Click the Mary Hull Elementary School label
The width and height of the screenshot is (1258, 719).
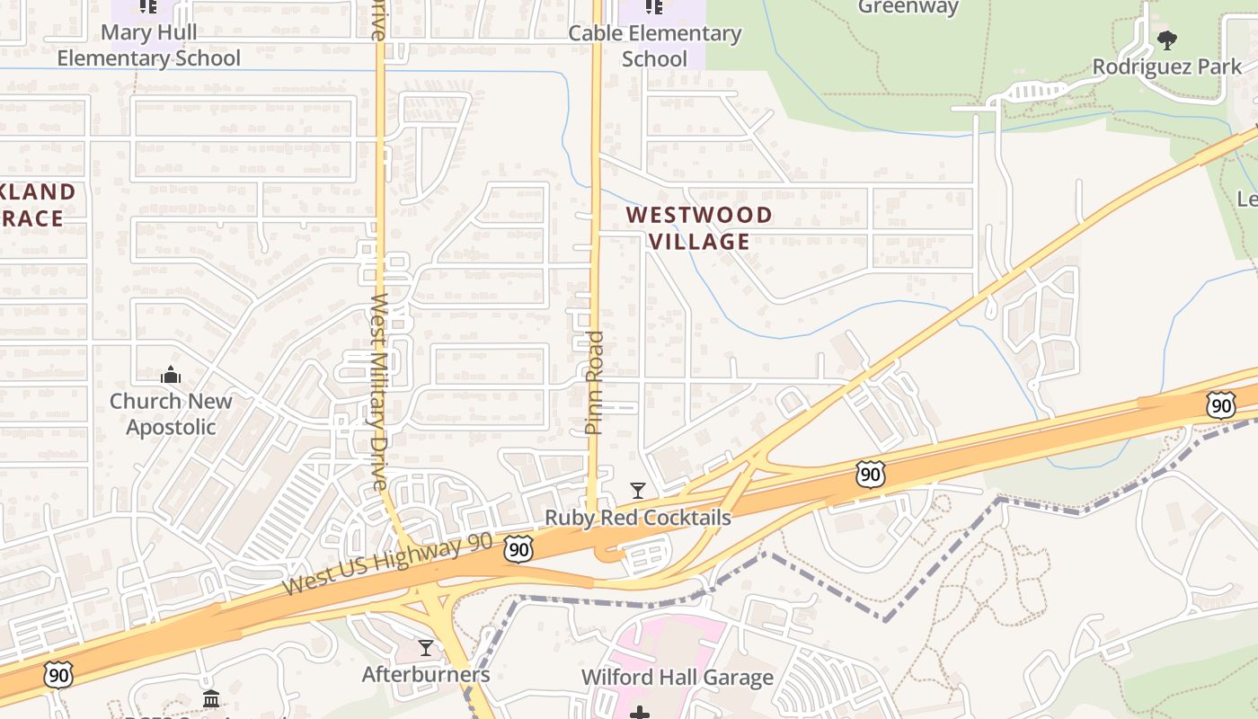(x=149, y=46)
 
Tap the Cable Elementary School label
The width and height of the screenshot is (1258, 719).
(x=655, y=46)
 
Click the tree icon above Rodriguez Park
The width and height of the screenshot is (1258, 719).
(x=1167, y=40)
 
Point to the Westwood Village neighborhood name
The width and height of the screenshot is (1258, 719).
(x=699, y=227)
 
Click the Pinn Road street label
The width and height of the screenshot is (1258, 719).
(x=594, y=383)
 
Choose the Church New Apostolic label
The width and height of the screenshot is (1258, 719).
(x=171, y=413)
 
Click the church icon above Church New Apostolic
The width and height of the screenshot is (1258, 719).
(x=171, y=376)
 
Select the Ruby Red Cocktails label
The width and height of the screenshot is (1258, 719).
(x=638, y=518)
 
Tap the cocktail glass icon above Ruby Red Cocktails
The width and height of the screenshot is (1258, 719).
(x=638, y=491)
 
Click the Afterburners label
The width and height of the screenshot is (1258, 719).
(x=426, y=674)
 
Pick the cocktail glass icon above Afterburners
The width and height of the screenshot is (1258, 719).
(x=426, y=648)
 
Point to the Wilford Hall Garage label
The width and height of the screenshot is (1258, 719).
(x=678, y=677)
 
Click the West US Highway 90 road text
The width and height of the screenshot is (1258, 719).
(x=388, y=564)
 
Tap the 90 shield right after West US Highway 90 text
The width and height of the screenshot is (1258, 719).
(x=518, y=549)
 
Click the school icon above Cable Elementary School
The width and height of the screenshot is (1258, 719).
(x=654, y=7)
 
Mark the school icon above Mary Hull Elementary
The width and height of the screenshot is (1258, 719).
(x=149, y=7)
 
